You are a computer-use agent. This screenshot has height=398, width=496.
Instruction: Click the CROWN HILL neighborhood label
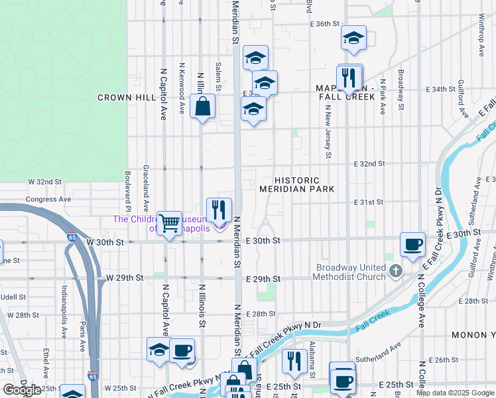coord(125,98)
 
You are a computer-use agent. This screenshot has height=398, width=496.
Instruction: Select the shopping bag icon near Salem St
coord(202,107)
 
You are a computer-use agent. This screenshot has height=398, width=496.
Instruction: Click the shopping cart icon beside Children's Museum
coord(169,223)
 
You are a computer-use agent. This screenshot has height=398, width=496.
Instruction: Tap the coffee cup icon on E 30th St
coord(412,244)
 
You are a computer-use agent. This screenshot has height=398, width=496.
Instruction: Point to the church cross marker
coord(396,271)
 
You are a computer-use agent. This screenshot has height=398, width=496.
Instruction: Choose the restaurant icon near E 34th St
coord(349,78)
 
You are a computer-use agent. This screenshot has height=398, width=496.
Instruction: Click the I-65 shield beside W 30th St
coord(71,235)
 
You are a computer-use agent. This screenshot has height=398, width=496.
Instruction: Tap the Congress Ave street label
coord(48,199)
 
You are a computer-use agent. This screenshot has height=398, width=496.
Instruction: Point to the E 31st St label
coord(369,202)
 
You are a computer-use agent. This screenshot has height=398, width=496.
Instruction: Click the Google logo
coord(22,390)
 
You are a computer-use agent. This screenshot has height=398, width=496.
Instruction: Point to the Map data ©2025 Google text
coord(454,393)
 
